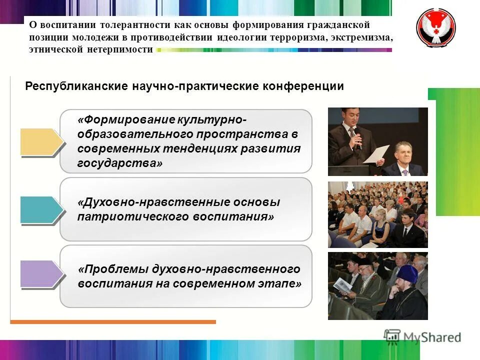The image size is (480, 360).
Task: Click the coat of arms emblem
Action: (436, 28)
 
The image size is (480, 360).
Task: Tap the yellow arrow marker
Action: (41, 141)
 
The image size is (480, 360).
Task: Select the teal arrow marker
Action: (41, 209)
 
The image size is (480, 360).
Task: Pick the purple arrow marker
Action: (41, 273)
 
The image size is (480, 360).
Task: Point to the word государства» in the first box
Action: (120, 163)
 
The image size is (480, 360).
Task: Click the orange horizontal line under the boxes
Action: (113, 322)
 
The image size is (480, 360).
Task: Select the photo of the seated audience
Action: (377, 214)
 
